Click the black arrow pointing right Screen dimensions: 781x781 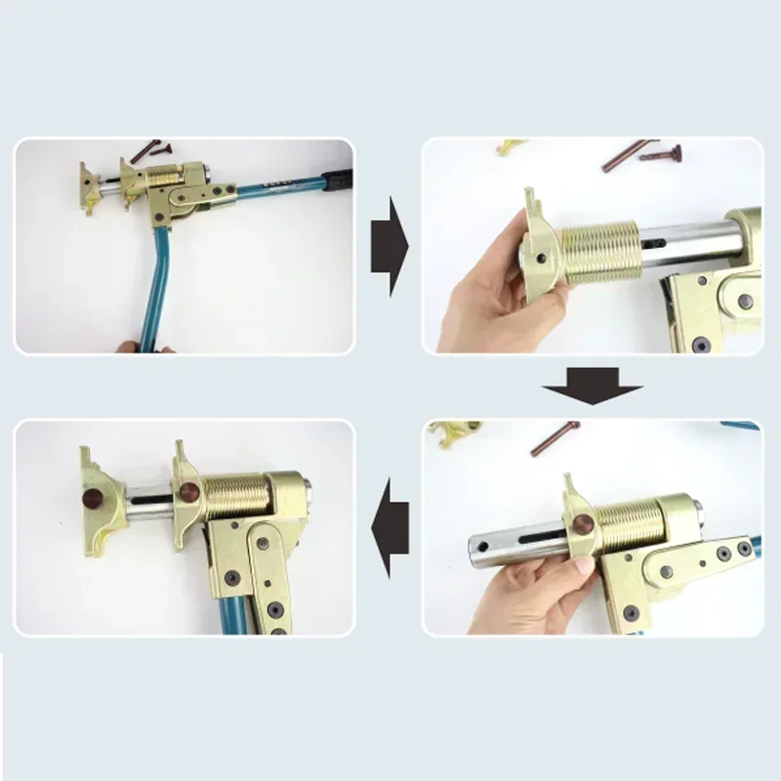coord(389,245)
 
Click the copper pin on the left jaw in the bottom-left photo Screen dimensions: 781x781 coord(95,500)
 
